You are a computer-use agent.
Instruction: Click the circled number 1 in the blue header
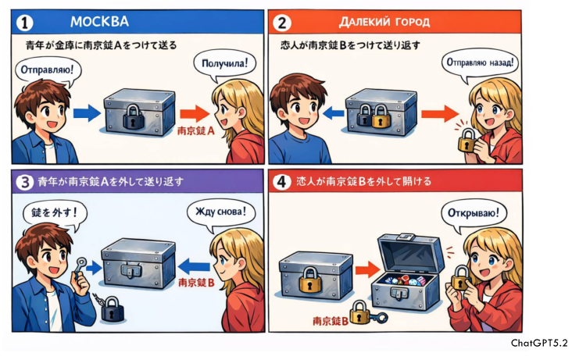pos(25,23)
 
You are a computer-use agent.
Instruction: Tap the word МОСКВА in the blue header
pos(99,22)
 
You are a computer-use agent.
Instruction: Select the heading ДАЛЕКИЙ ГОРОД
pos(384,22)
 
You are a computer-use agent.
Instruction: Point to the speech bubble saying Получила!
pos(224,64)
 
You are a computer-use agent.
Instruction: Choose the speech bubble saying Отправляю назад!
pos(480,63)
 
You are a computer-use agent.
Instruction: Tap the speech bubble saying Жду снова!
pos(220,213)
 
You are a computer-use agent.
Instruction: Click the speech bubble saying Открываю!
pos(473,213)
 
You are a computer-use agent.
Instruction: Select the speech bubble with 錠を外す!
pos(55,213)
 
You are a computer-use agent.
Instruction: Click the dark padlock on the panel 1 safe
pos(133,116)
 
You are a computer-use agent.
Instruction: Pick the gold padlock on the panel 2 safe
pos(381,116)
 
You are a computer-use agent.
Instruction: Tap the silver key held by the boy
pos(80,265)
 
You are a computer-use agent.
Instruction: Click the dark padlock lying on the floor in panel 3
pos(112,308)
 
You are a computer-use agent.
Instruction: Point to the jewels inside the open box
pos(405,282)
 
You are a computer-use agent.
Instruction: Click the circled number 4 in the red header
pos(281,181)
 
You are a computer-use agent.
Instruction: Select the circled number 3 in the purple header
pos(25,182)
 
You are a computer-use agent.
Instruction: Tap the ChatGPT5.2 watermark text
pos(539,343)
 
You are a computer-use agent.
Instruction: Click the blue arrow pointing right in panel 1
pos(87,113)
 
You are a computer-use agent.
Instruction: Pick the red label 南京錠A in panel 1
pos(196,130)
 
